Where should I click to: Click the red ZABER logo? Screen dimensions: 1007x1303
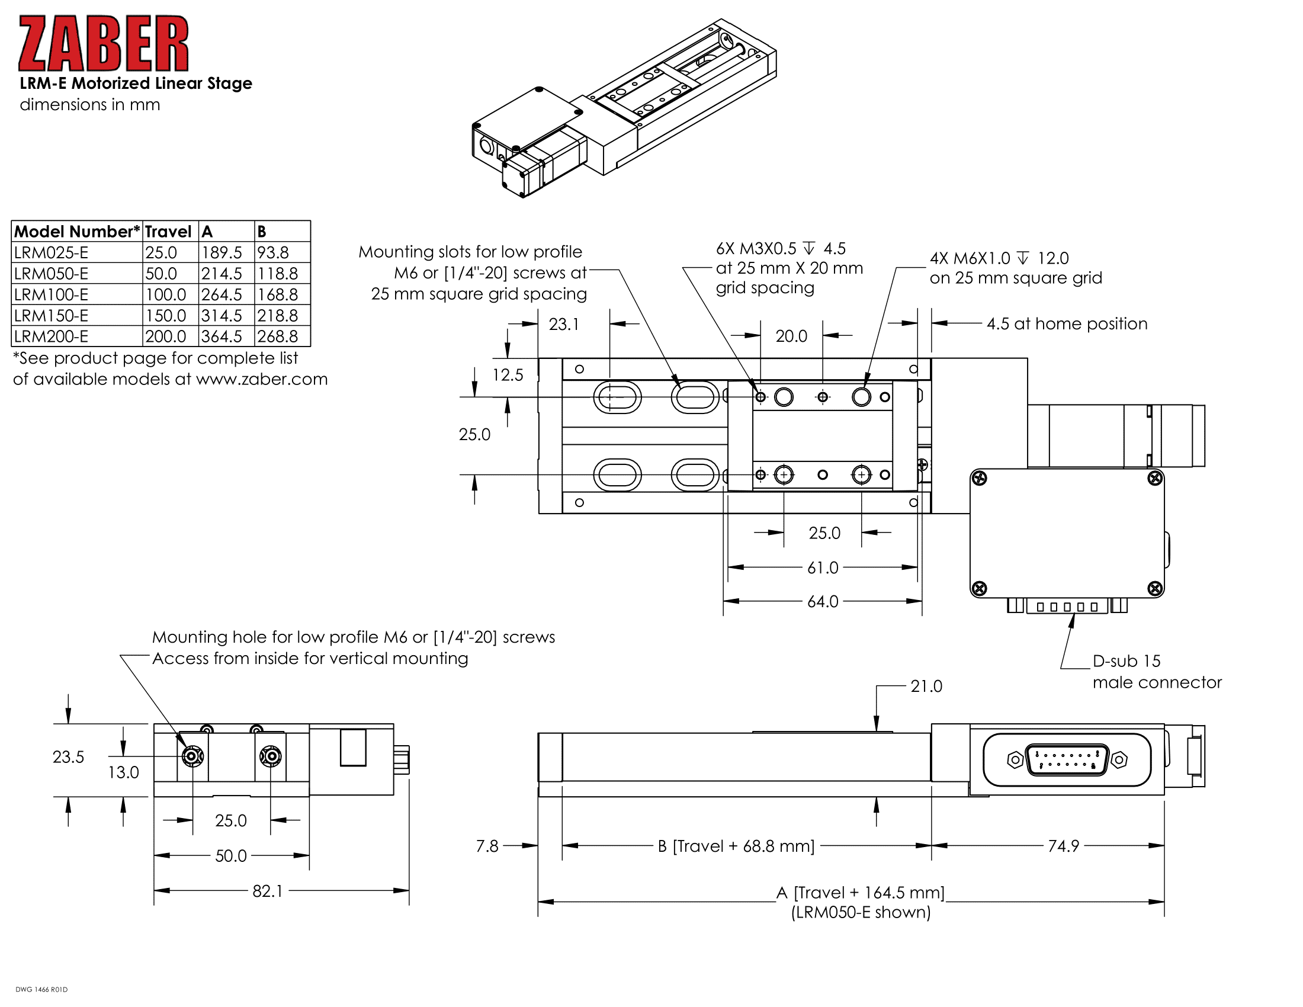point(103,44)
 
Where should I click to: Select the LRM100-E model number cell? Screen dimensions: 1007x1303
point(52,295)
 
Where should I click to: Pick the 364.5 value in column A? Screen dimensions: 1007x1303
point(222,336)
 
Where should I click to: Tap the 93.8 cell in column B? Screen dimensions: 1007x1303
point(273,252)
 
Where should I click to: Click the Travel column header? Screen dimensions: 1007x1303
point(168,232)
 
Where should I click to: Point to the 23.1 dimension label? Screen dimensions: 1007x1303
point(564,325)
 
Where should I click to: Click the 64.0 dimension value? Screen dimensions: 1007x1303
point(823,601)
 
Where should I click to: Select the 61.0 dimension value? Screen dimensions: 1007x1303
point(823,568)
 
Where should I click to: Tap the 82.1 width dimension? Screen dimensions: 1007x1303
point(267,891)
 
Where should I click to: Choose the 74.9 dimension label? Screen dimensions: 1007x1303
point(1064,846)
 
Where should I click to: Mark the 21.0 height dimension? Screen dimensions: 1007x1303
point(926,687)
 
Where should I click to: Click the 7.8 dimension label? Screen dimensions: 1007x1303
point(487,846)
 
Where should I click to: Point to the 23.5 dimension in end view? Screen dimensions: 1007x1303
point(68,757)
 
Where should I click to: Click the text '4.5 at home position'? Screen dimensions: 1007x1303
point(1067,324)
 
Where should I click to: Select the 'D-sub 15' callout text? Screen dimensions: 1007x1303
point(1127,661)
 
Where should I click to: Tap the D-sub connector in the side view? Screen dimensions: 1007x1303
point(1067,760)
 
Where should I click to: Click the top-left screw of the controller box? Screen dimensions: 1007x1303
point(979,479)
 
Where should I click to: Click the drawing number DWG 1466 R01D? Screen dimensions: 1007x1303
point(42,990)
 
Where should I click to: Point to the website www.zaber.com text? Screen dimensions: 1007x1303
point(262,380)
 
